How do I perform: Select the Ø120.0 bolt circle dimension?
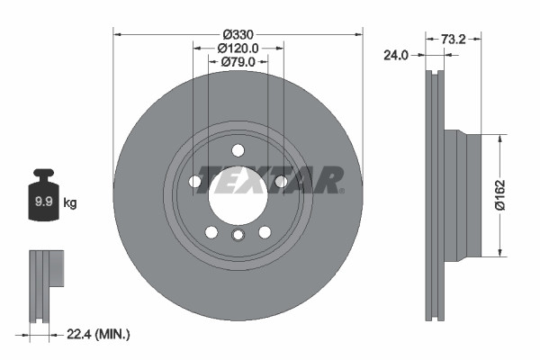pyautogui.click(x=238, y=48)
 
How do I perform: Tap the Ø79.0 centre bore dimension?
pyautogui.click(x=238, y=62)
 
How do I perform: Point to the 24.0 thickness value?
pyautogui.click(x=397, y=55)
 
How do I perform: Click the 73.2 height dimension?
pyautogui.click(x=454, y=40)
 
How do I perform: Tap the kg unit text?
pyautogui.click(x=70, y=203)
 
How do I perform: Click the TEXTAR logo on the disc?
pyautogui.click(x=269, y=179)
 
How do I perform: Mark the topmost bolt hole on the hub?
pyautogui.click(x=238, y=150)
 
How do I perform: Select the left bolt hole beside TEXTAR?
pyautogui.click(x=195, y=182)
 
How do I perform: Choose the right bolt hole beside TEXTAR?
pyautogui.click(x=281, y=182)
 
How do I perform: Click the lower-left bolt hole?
pyautogui.click(x=211, y=232)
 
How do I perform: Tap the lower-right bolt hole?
pyautogui.click(x=265, y=232)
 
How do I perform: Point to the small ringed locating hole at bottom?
pyautogui.click(x=238, y=236)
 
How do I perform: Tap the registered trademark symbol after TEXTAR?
pyautogui.click(x=341, y=190)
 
